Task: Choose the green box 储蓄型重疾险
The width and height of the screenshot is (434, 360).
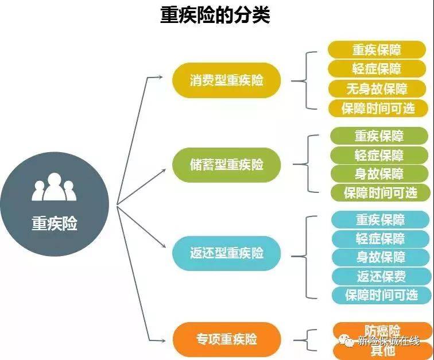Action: (226, 164)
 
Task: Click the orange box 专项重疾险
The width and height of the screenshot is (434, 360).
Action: (226, 338)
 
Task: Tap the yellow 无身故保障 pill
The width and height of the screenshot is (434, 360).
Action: (377, 89)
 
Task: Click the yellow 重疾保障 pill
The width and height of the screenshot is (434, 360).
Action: (377, 50)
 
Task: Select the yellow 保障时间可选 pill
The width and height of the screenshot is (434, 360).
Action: (378, 109)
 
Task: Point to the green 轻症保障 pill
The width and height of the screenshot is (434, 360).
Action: (379, 155)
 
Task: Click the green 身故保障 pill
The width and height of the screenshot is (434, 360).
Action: (379, 173)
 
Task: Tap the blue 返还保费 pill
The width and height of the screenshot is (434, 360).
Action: (381, 276)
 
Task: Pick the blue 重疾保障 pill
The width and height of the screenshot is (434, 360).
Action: (380, 220)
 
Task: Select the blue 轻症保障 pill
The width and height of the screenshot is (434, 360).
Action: (380, 238)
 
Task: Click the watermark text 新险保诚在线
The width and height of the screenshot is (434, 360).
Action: (388, 341)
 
